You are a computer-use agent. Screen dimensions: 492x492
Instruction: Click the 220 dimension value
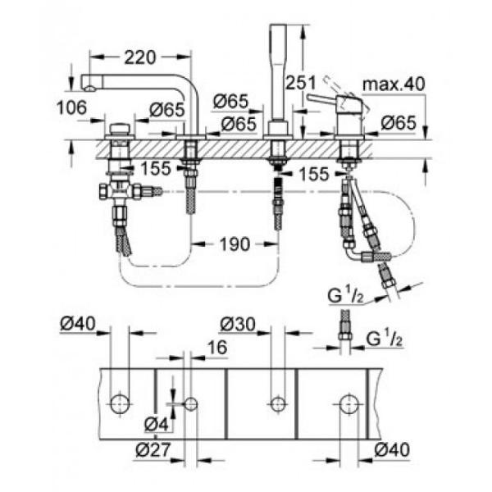(140, 57)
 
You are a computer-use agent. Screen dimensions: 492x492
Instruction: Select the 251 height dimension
(301, 83)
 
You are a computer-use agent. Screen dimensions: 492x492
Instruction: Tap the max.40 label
(394, 84)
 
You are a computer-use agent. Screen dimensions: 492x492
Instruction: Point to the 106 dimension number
(71, 107)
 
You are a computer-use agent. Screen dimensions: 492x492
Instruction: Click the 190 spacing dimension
(235, 244)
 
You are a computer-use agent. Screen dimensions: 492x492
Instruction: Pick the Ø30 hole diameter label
(238, 324)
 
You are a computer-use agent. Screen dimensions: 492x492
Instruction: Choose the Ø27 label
(153, 450)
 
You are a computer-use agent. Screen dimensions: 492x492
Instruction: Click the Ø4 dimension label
(157, 425)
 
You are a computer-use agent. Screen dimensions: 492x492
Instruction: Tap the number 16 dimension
(217, 348)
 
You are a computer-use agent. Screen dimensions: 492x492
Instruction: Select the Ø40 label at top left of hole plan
(78, 323)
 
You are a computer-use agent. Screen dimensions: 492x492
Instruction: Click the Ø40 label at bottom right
(392, 449)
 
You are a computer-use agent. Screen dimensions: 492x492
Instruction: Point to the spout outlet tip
(90, 89)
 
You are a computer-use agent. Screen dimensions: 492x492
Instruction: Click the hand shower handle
(279, 72)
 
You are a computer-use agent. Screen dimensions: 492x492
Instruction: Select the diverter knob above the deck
(120, 129)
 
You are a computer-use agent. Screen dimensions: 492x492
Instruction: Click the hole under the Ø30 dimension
(278, 404)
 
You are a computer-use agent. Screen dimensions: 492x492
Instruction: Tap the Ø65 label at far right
(399, 122)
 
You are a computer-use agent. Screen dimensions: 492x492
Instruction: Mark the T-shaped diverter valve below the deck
(120, 191)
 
